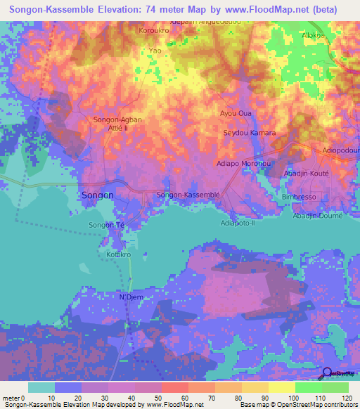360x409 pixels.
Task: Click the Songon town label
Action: pyautogui.click(x=98, y=195)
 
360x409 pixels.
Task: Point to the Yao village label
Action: pyautogui.click(x=155, y=51)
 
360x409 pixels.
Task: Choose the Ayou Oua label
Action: pyautogui.click(x=236, y=112)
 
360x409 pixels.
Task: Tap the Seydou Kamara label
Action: pyautogui.click(x=249, y=133)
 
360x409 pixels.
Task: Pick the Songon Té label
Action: pyautogui.click(x=106, y=225)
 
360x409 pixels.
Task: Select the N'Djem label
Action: pyautogui.click(x=131, y=297)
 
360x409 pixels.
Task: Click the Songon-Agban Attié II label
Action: pyautogui.click(x=117, y=124)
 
